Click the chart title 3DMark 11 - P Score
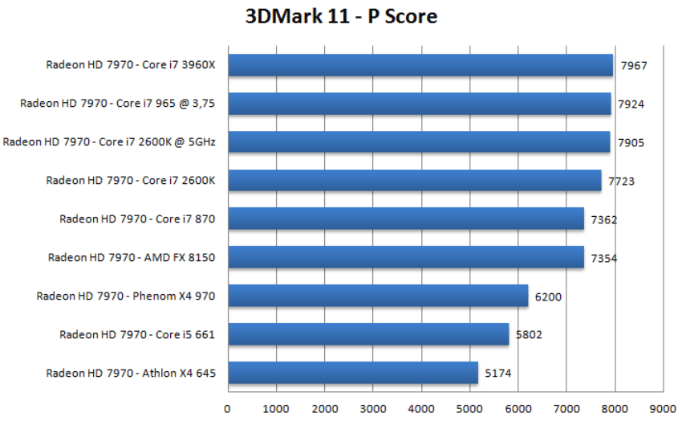[x=341, y=16]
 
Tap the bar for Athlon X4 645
[x=353, y=373]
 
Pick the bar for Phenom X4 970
[x=378, y=296]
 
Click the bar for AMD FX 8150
[x=406, y=257]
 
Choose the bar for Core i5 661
[x=368, y=334]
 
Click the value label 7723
[x=621, y=182]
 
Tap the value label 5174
[x=497, y=374]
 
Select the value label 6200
[x=548, y=297]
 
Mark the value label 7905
[x=630, y=143]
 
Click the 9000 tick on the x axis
[x=663, y=408]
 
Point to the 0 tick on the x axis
[x=228, y=408]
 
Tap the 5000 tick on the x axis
[x=469, y=408]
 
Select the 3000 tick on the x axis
[x=373, y=408]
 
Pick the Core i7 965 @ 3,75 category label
[x=118, y=104]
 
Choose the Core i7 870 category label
[x=137, y=219]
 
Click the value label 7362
[x=604, y=220]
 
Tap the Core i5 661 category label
[x=137, y=334]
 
